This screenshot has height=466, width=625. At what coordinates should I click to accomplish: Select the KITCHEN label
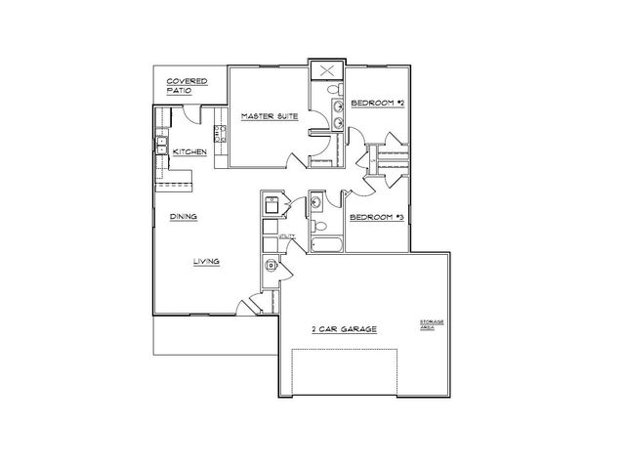[188, 152]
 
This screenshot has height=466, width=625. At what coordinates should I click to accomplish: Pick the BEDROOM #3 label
[376, 216]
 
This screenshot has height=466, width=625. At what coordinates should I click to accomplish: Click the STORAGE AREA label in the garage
[432, 324]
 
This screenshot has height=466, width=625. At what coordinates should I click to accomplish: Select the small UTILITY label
[287, 236]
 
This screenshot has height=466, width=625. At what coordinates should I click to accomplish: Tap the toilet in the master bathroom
[333, 91]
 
